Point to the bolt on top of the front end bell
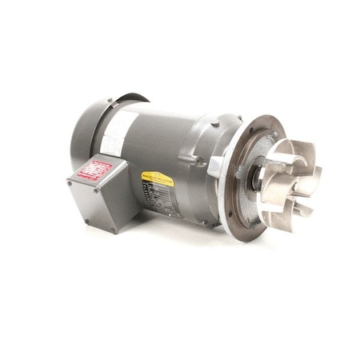point(214,123)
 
